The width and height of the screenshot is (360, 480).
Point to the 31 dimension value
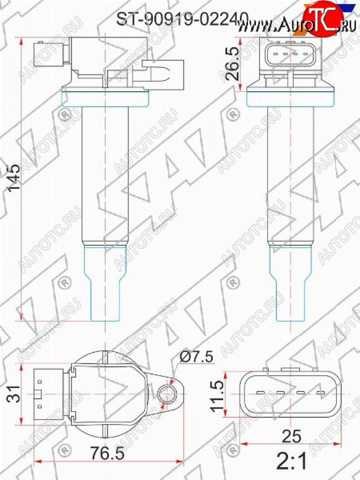click(12, 394)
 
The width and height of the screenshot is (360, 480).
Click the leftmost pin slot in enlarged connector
click(260, 393)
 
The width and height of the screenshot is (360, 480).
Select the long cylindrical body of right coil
click(290, 176)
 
